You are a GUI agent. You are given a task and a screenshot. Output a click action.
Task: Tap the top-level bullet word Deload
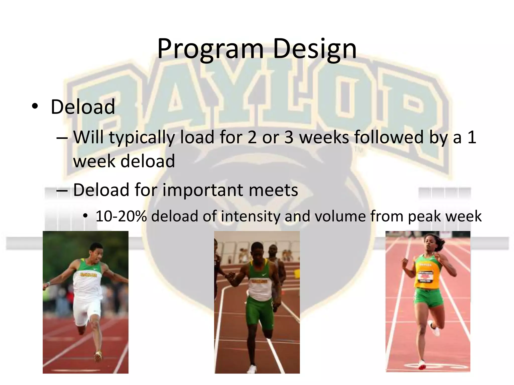[83, 107]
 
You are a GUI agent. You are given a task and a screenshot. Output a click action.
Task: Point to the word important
[202, 190]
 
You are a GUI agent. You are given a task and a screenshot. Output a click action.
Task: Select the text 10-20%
[121, 216]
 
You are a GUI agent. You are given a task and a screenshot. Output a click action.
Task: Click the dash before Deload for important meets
[62, 190]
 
